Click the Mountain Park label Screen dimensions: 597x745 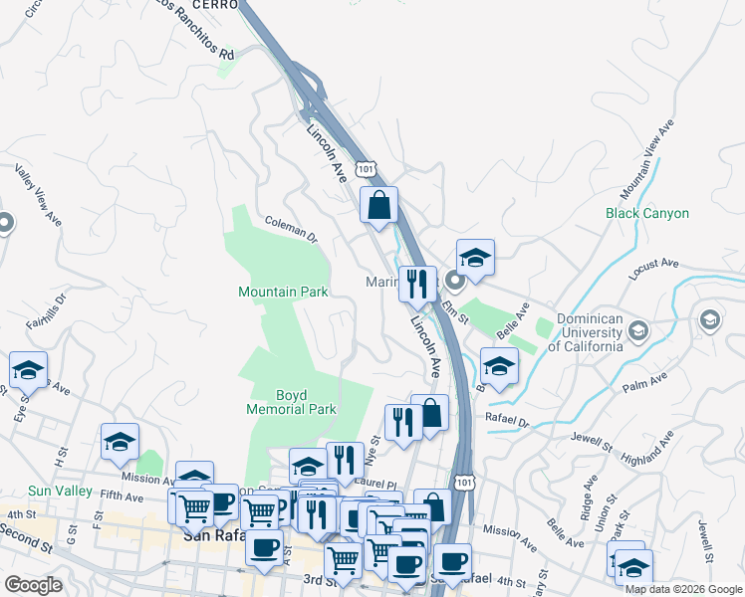(283, 293)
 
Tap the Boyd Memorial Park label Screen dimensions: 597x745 (292, 401)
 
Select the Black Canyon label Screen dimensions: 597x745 (647, 213)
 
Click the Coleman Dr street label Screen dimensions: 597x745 (291, 231)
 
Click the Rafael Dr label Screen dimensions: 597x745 (507, 420)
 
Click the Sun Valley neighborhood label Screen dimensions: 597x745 (60, 491)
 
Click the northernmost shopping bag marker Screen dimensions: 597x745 (378, 206)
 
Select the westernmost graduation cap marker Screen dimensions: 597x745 (29, 371)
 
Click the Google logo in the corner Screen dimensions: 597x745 (33, 585)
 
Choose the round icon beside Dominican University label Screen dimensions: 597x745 (639, 330)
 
